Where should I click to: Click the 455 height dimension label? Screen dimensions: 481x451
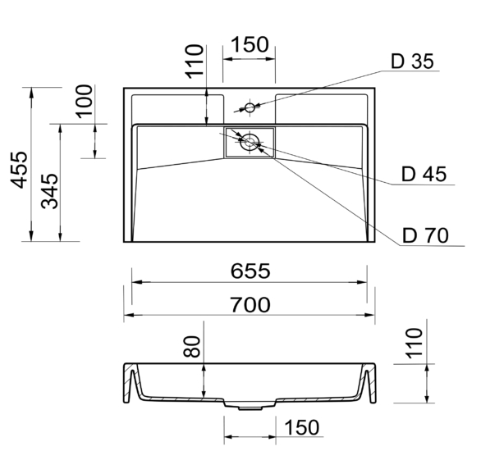tap(19, 170)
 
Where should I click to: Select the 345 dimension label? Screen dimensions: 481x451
tap(50, 192)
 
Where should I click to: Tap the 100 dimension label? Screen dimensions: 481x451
tap(84, 102)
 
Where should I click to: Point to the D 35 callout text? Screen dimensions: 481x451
tap(412, 61)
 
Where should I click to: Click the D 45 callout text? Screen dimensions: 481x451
tap(424, 175)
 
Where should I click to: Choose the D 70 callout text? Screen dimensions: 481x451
tap(425, 235)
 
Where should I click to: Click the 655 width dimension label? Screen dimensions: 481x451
tap(250, 271)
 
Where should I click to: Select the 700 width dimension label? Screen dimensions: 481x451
tap(250, 304)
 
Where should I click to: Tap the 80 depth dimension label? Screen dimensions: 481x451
tap(192, 347)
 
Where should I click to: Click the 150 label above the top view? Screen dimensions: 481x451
tap(249, 45)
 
